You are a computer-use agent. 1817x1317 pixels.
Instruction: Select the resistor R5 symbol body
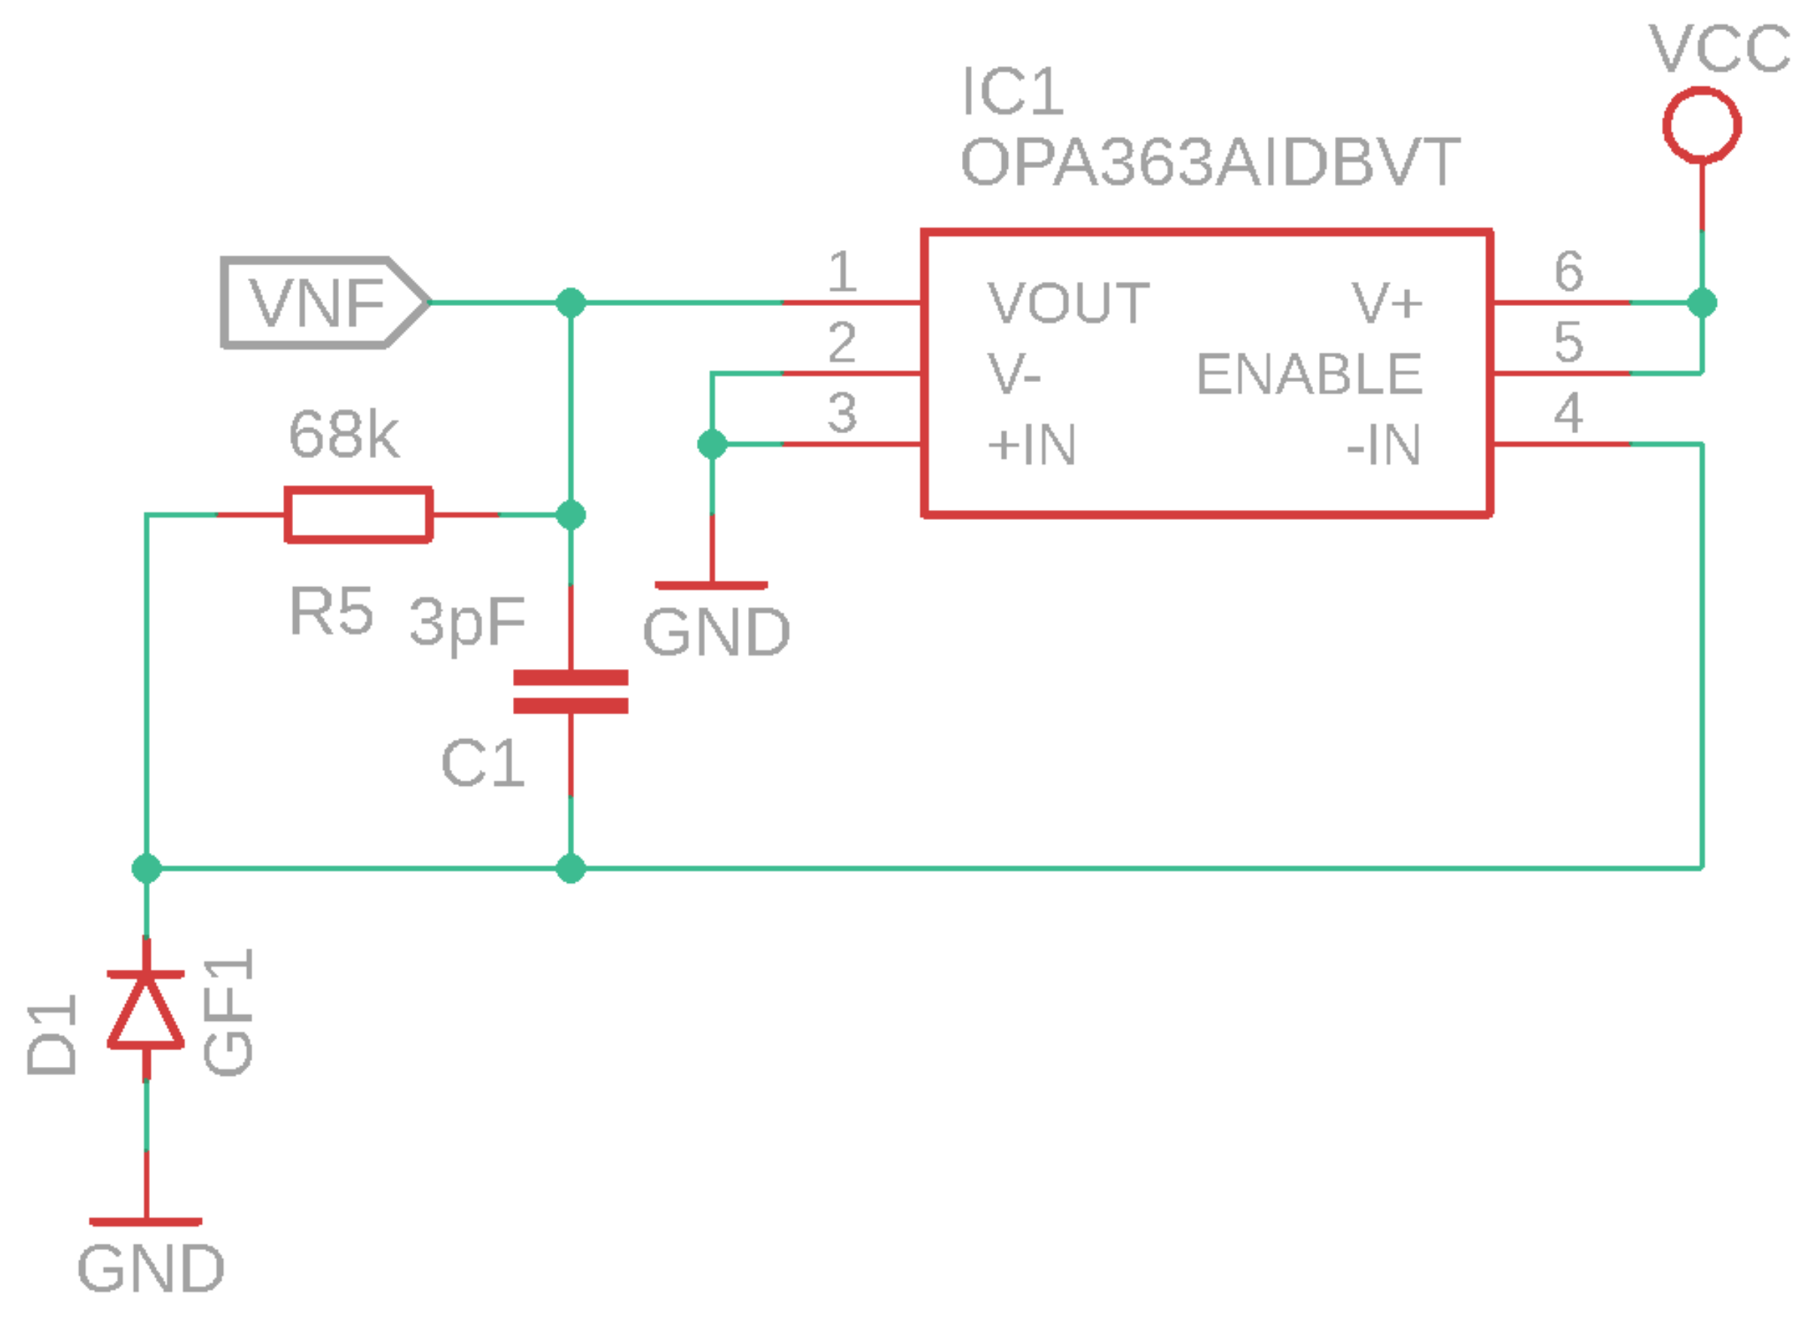pos(359,515)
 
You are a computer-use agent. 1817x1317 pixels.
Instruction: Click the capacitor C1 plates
pos(570,692)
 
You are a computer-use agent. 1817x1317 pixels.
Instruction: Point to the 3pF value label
pos(466,621)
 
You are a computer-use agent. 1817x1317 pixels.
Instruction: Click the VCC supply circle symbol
pos(1702,126)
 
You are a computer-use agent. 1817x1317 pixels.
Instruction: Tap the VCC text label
pos(1719,50)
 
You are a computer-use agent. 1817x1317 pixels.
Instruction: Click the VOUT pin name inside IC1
pos(1068,304)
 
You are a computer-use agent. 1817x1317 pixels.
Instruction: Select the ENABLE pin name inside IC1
pos(1309,374)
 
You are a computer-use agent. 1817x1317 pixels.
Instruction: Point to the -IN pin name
pos(1384,445)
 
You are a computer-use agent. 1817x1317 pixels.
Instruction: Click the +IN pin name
pos(1032,445)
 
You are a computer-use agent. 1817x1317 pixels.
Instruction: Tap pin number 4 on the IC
pos(1568,413)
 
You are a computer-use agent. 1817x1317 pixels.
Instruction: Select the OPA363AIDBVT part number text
pos(1210,163)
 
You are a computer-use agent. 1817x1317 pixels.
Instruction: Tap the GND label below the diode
pos(151,1269)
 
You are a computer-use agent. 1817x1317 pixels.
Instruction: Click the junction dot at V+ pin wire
pos(1702,303)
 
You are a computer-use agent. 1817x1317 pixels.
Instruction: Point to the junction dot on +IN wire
pos(712,444)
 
